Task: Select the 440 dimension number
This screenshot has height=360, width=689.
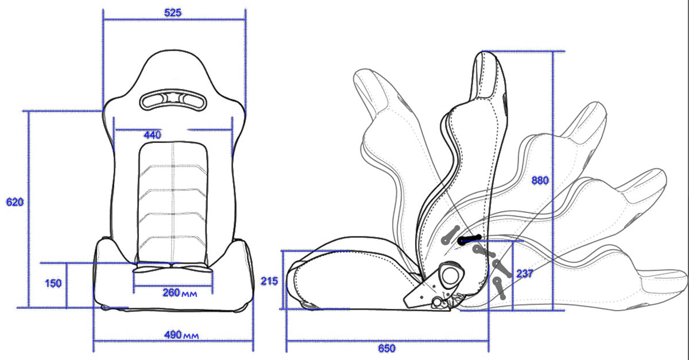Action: [x=152, y=135]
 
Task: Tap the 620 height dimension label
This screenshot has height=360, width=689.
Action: [x=14, y=202]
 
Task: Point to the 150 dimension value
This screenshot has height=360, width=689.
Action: [x=53, y=284]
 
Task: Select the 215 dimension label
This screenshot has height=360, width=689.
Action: [x=269, y=281]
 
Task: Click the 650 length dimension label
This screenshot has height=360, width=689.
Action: [x=386, y=348]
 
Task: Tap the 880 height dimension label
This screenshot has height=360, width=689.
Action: [x=540, y=180]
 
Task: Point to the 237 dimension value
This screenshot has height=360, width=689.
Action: [x=524, y=273]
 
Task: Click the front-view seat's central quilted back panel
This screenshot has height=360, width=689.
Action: [x=173, y=201]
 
